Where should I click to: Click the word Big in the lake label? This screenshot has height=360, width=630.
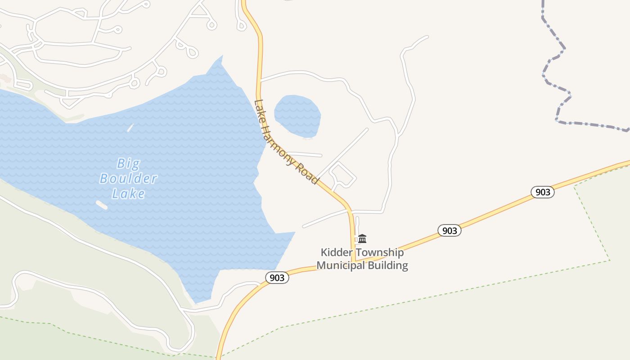(128, 163)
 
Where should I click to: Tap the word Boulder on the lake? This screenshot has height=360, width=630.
(128, 179)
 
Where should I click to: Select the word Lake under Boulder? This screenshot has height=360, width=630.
(128, 194)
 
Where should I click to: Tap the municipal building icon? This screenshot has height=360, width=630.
(362, 238)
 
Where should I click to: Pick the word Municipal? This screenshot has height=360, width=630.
(341, 265)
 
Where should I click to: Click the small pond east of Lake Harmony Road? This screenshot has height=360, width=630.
(297, 115)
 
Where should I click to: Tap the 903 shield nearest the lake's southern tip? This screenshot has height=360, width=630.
(277, 278)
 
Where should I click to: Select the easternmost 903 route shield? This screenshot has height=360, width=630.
(543, 192)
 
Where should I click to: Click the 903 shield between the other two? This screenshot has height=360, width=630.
(450, 231)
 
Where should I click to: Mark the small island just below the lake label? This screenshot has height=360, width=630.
(102, 205)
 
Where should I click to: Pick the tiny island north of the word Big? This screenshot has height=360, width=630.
(130, 128)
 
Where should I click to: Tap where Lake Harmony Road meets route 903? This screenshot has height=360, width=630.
(354, 261)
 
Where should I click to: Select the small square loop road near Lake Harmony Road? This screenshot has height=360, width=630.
(343, 175)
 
